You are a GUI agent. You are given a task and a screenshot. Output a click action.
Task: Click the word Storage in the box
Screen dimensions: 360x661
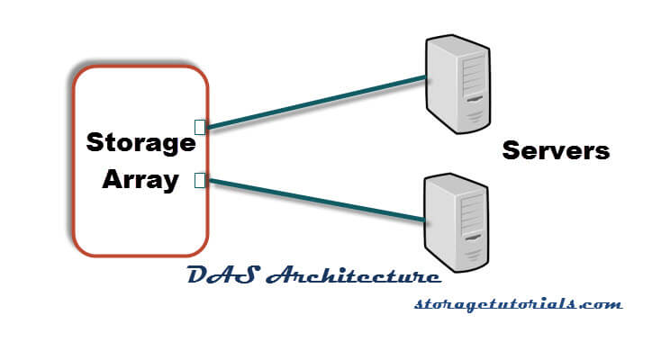(140, 142)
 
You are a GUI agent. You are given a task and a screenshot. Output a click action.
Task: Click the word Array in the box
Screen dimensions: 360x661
(140, 179)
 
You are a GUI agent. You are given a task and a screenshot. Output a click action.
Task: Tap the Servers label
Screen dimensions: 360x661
(556, 150)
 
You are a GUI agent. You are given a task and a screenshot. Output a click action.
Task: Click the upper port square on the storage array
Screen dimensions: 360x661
(201, 127)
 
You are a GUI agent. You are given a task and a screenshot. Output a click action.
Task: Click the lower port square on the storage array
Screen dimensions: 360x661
(201, 181)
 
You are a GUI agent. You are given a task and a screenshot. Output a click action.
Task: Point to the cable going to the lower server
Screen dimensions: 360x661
(315, 200)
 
